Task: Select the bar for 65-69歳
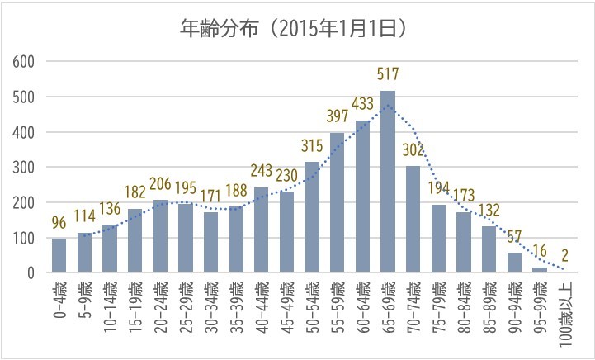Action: [x=388, y=182]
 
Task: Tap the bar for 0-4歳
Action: [x=59, y=255]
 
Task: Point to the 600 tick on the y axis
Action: [x=25, y=62]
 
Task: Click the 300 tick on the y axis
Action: [x=25, y=168]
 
